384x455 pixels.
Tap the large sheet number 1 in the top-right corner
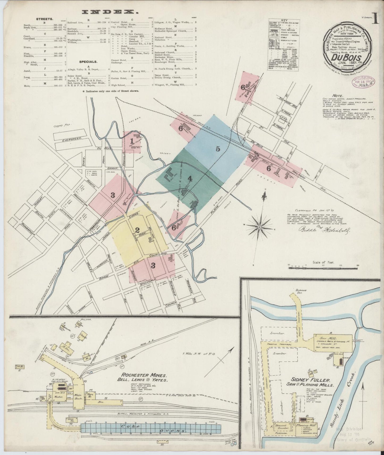[x=376, y=20]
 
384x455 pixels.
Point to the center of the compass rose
[x=259, y=227]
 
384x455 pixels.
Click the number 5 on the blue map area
[x=218, y=149]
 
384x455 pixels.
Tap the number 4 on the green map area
[x=189, y=178]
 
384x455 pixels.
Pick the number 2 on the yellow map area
[x=137, y=230]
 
